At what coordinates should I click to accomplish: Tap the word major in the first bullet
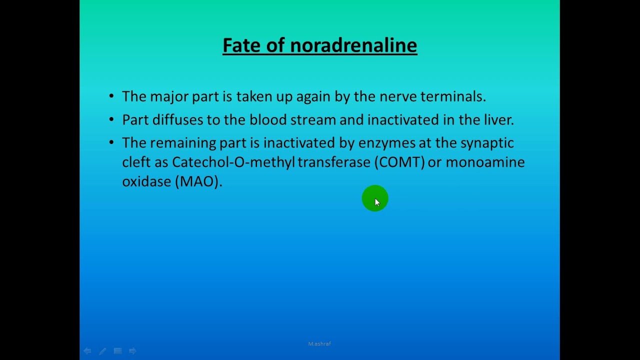(x=169, y=96)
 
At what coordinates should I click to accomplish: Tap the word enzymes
(x=386, y=143)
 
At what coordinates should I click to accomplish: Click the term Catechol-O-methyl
(x=233, y=162)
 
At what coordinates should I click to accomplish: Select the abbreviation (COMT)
(x=399, y=162)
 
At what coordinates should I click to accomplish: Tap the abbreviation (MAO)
(x=198, y=181)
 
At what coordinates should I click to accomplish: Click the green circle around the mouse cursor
(x=375, y=198)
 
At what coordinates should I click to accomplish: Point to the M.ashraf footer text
(x=319, y=344)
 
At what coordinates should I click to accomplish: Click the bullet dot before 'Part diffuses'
(x=111, y=120)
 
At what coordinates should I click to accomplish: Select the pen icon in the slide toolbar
(x=102, y=351)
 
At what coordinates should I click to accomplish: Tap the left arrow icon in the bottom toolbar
(x=87, y=351)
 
